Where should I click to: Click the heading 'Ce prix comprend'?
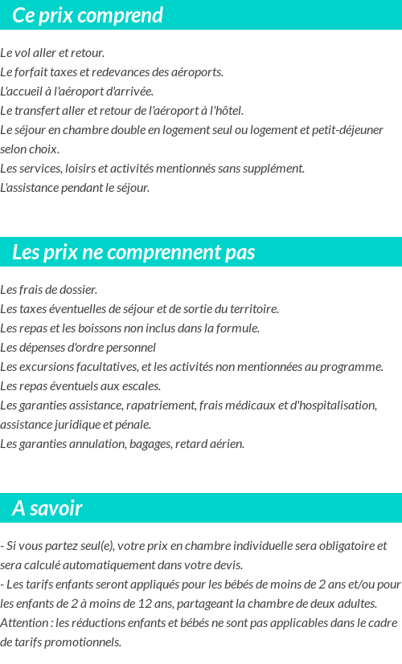[88, 15]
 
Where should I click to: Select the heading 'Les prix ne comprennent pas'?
[133, 252]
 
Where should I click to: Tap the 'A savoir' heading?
[47, 508]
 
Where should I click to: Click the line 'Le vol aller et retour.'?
[52, 53]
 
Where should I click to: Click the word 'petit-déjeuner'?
[341, 130]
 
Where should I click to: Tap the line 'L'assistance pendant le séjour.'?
[75, 188]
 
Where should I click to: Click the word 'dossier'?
[78, 290]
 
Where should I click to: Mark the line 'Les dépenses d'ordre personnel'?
[78, 348]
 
